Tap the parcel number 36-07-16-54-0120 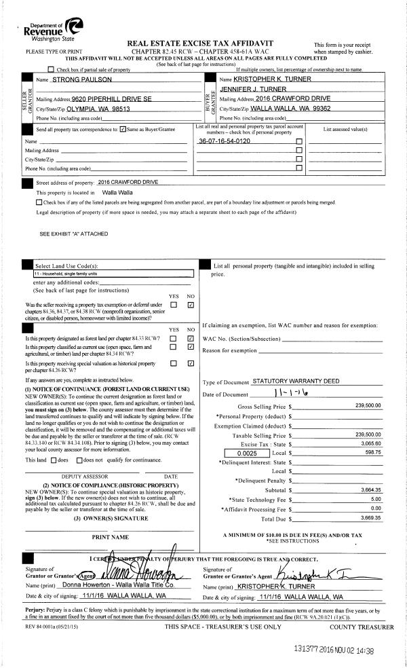click(x=225, y=141)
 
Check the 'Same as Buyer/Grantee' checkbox click(x=121, y=129)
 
